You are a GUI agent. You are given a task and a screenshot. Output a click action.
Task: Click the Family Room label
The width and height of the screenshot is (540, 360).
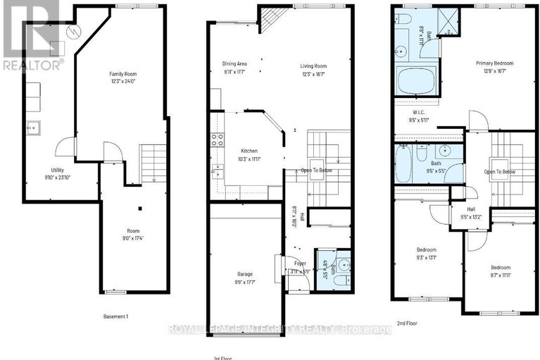click(x=121, y=74)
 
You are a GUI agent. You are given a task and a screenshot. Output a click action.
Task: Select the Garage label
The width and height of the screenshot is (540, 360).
click(x=245, y=274)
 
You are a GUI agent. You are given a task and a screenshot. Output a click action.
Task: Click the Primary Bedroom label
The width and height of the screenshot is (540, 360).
click(x=494, y=63)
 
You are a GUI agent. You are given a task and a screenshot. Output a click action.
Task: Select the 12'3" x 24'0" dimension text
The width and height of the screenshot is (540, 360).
click(x=121, y=81)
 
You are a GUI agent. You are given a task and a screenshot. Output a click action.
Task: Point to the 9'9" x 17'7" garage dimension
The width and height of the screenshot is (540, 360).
click(x=245, y=282)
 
